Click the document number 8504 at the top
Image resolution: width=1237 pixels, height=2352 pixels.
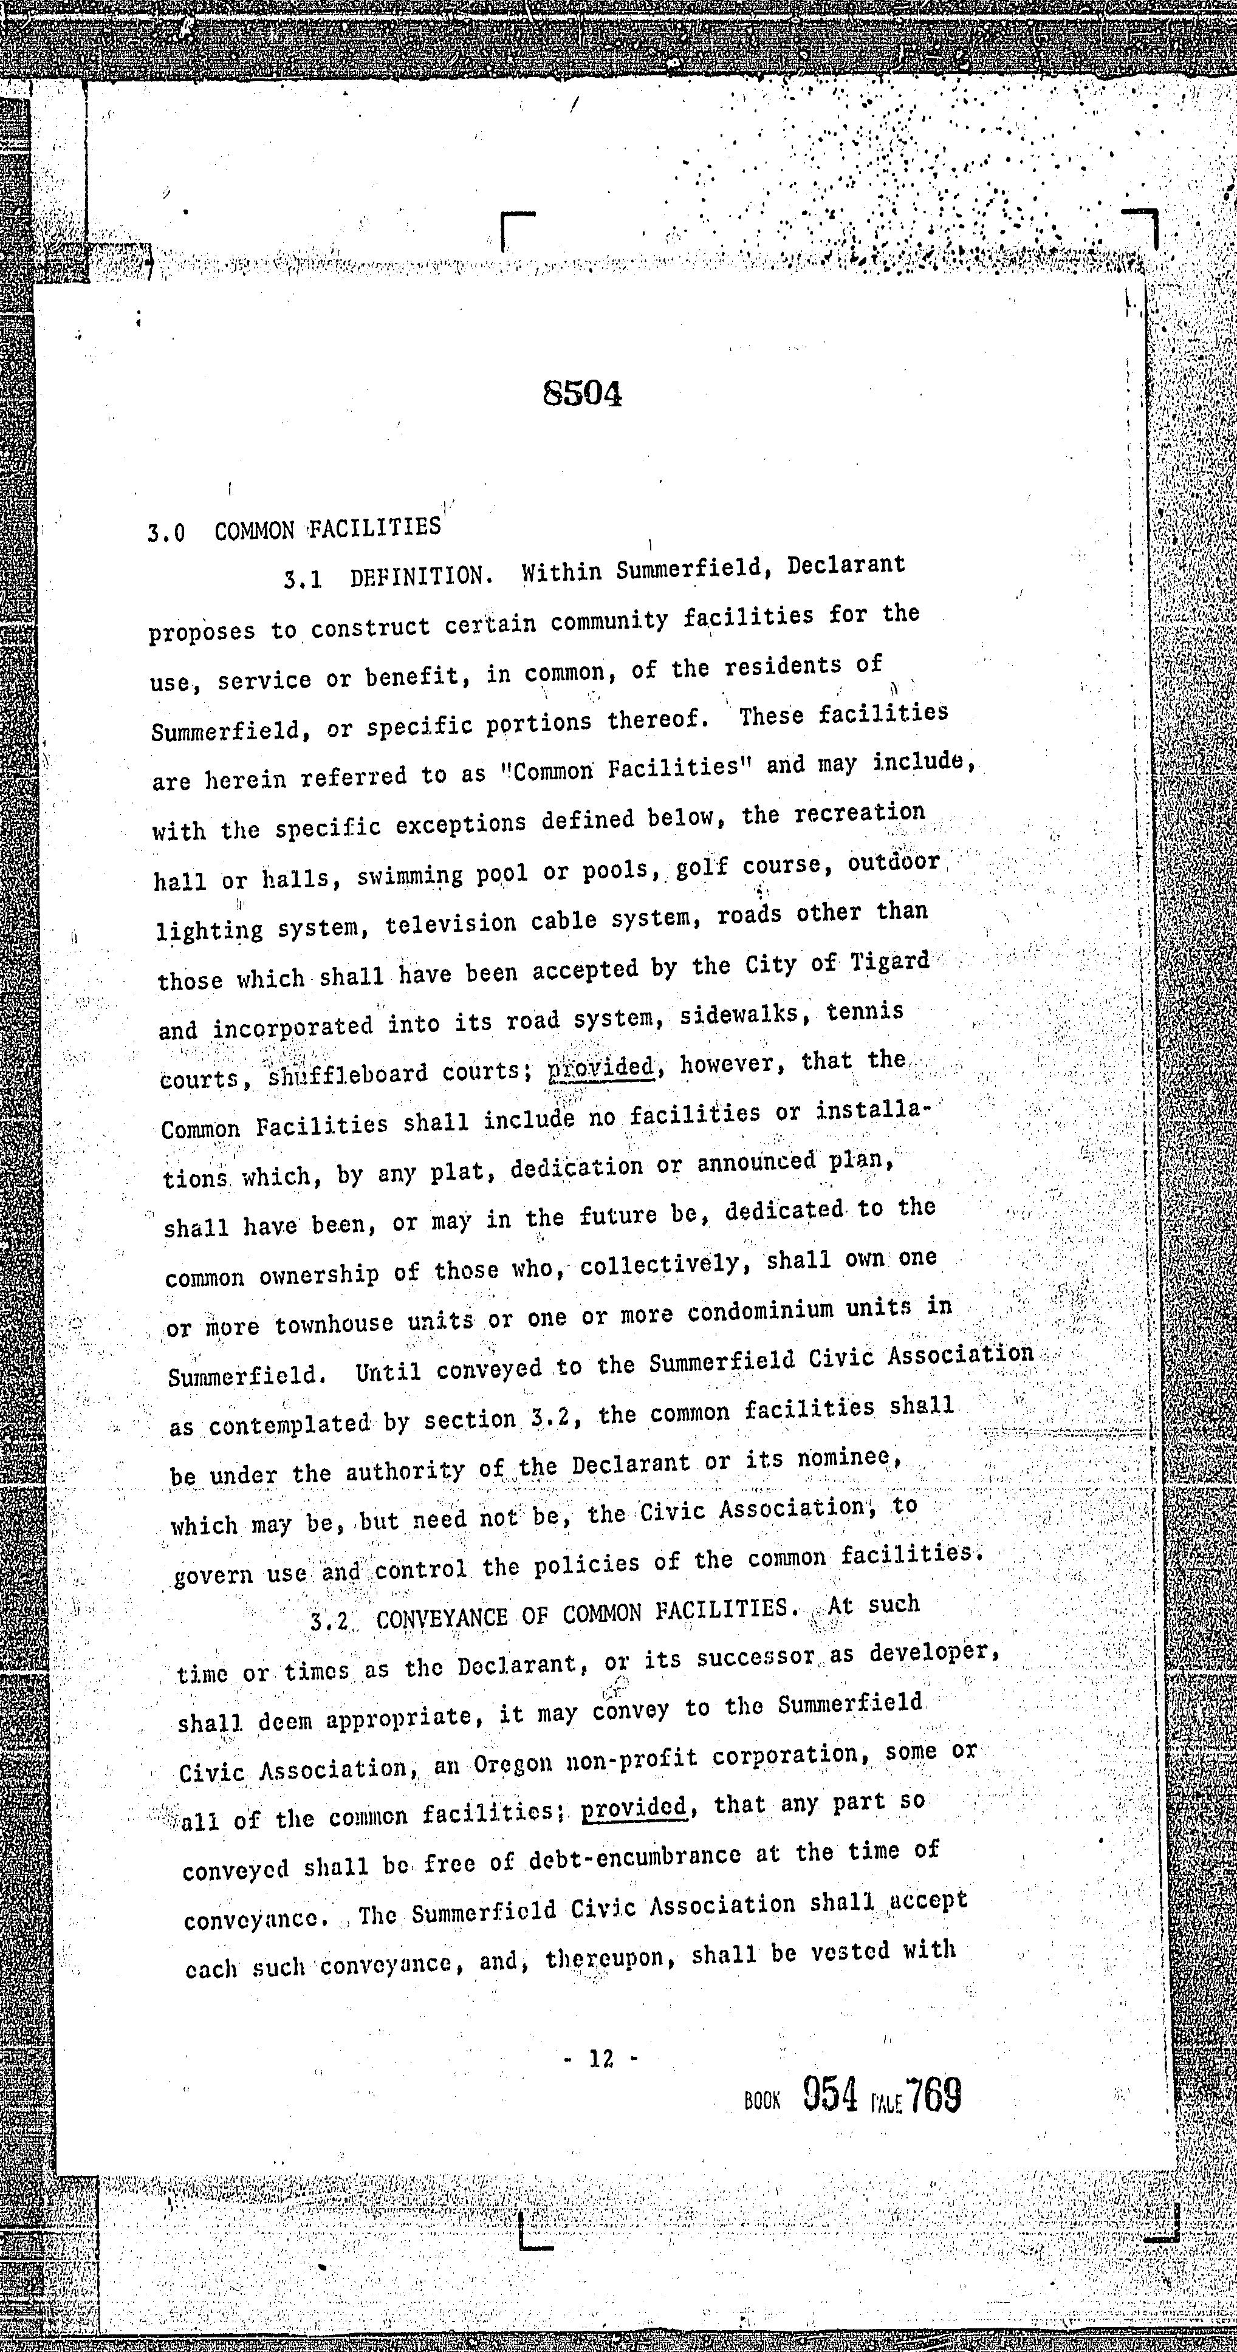[583, 394]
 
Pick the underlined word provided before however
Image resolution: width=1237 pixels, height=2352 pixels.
[601, 1067]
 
